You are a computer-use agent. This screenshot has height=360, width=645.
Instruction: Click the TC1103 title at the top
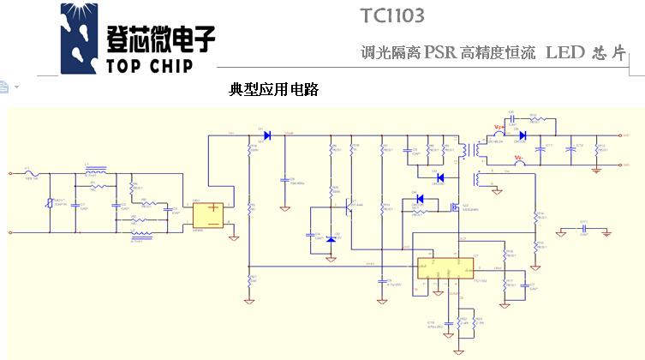tap(392, 15)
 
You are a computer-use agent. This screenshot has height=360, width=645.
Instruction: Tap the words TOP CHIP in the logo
tap(150, 65)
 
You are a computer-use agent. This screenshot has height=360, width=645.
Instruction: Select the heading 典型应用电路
tap(273, 89)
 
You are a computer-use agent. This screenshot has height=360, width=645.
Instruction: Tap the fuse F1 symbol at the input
tap(32, 173)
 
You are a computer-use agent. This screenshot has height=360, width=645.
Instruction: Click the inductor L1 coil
tap(97, 170)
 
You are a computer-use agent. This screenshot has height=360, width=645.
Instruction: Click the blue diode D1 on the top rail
tap(266, 135)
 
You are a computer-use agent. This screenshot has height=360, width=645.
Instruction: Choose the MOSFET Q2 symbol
tap(454, 206)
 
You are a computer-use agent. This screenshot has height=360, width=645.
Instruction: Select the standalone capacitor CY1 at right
tap(583, 229)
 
